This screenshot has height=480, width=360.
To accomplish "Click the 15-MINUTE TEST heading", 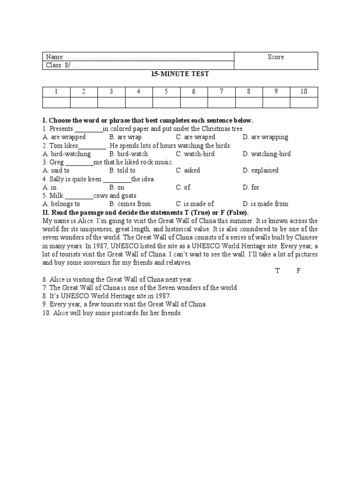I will (180, 74).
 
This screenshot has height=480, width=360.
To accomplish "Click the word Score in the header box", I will (276, 57).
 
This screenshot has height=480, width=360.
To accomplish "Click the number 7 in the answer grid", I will (221, 91).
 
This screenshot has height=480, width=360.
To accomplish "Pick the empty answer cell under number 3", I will (111, 102).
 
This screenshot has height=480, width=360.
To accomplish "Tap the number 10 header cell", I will (304, 91).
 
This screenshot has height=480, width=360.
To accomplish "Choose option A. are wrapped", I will (64, 137).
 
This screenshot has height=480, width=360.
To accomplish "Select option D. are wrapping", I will (265, 137).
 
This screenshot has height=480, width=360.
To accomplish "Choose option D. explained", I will (261, 170).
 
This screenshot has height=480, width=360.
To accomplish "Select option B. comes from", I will (130, 203).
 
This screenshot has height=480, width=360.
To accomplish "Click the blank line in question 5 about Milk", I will (79, 196).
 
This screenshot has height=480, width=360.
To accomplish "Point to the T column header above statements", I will (277, 271).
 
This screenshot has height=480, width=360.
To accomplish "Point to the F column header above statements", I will (299, 271).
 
